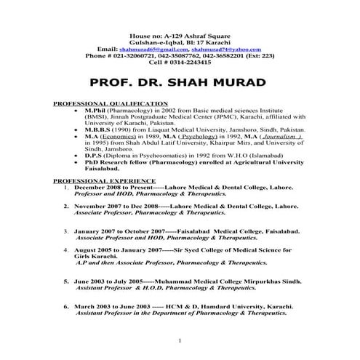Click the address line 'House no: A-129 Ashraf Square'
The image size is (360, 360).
click(x=180, y=36)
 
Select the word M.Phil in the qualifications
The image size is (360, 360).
click(x=97, y=110)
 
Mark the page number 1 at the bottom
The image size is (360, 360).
click(x=179, y=340)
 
